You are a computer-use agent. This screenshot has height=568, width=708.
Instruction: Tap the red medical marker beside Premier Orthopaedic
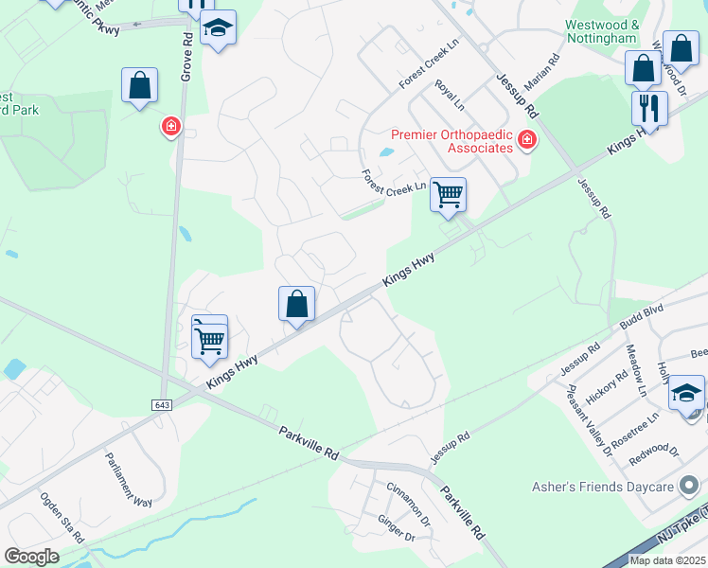pyautogui.click(x=527, y=142)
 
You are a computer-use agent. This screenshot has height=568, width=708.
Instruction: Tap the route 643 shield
pyautogui.click(x=161, y=404)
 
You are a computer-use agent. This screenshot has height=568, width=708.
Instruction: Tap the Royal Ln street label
pyautogui.click(x=449, y=95)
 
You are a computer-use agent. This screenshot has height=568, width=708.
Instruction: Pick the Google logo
pyautogui.click(x=32, y=556)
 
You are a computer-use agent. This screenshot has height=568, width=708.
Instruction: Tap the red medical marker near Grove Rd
pyautogui.click(x=171, y=125)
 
